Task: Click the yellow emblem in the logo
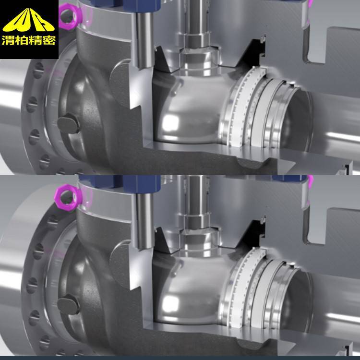29,20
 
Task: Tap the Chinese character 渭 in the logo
8,40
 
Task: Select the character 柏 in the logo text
22,40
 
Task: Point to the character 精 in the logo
35,40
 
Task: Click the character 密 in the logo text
48,40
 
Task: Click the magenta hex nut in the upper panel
71,15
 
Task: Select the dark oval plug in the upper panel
69,123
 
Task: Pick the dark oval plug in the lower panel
69,304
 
